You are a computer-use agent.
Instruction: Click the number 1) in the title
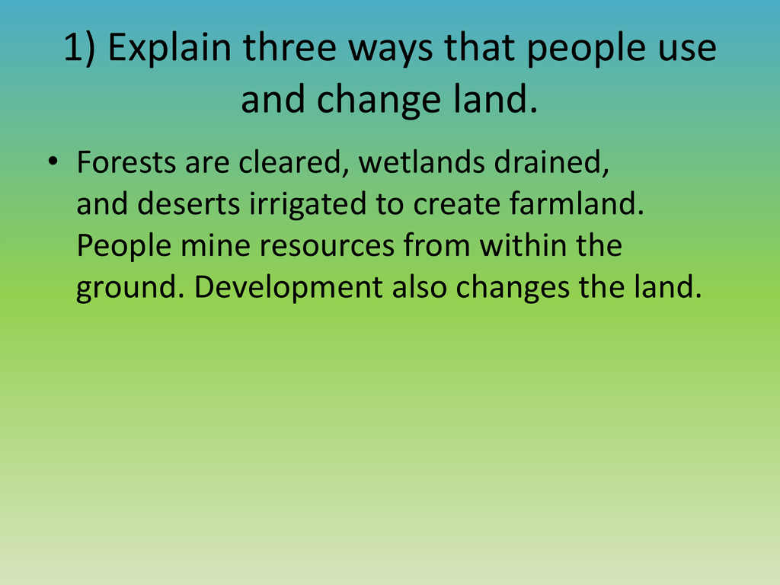[79, 48]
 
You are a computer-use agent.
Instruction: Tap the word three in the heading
[289, 47]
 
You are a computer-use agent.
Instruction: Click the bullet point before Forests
[53, 161]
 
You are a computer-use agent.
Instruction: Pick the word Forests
[126, 162]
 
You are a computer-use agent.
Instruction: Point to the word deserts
[189, 204]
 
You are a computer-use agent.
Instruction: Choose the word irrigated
[308, 205]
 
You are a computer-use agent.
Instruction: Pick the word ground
[130, 288]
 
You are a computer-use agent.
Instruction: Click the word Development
[288, 288]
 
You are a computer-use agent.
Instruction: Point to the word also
[419, 286]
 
